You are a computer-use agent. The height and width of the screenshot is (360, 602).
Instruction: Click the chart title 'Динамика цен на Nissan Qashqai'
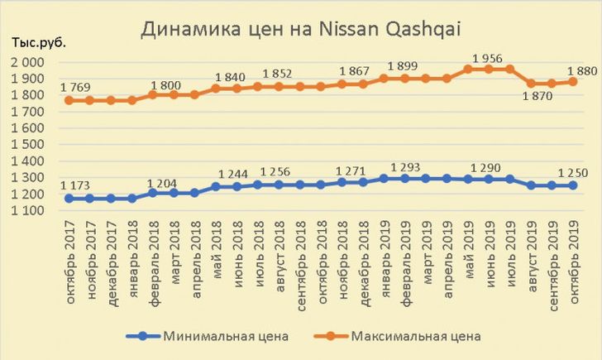pos(301,30)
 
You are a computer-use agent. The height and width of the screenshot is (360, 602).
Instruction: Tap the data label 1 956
pos(488,56)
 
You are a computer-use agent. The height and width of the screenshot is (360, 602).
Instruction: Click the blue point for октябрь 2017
pos(69,199)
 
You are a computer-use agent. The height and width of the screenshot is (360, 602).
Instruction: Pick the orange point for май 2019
pos(468,69)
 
